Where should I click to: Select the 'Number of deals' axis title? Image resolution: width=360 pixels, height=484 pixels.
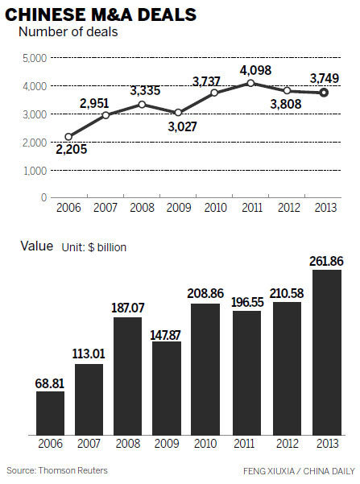click(x=67, y=32)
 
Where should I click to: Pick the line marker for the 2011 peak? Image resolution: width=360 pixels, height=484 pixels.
click(x=252, y=83)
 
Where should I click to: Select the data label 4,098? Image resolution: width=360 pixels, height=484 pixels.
click(x=251, y=68)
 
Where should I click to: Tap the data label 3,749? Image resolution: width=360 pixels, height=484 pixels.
click(x=322, y=77)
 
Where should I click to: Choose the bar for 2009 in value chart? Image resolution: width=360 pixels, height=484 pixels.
click(x=166, y=387)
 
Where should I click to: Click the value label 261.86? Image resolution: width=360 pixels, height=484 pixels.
click(x=325, y=260)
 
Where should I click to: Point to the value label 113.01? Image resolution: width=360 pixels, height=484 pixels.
click(x=89, y=354)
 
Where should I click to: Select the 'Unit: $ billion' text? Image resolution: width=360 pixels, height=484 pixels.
click(x=94, y=246)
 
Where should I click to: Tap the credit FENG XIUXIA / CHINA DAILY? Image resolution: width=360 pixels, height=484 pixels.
click(x=297, y=470)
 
